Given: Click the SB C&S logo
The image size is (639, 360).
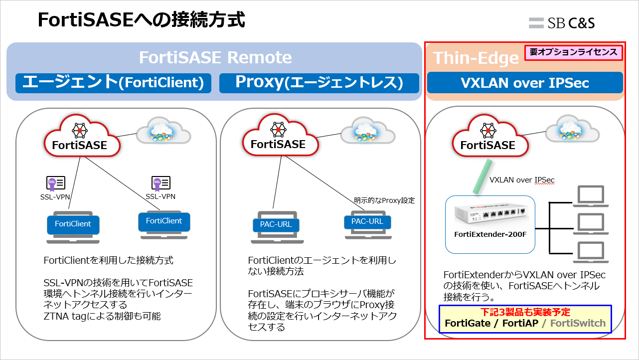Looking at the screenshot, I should tap(562, 23).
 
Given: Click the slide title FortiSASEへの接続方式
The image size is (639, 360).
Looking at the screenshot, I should tap(142, 20).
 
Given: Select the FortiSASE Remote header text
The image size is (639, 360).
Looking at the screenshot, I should tap(215, 57).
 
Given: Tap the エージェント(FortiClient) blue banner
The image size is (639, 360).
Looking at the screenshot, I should tap(113, 83).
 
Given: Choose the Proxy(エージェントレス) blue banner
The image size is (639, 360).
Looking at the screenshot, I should tap(319, 83).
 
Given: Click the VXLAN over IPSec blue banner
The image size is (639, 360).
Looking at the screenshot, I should tap(525, 83).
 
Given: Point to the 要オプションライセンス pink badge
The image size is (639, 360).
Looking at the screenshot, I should tap(573, 52).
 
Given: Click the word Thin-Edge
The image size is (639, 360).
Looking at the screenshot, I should tap(476, 58).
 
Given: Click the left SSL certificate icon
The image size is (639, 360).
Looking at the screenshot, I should tap(55, 183).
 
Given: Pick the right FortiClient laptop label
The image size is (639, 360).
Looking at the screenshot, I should tap(164, 221).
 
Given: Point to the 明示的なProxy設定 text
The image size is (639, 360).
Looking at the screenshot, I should tap(384, 200).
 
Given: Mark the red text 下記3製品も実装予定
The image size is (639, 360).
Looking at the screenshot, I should tap(525, 312).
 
